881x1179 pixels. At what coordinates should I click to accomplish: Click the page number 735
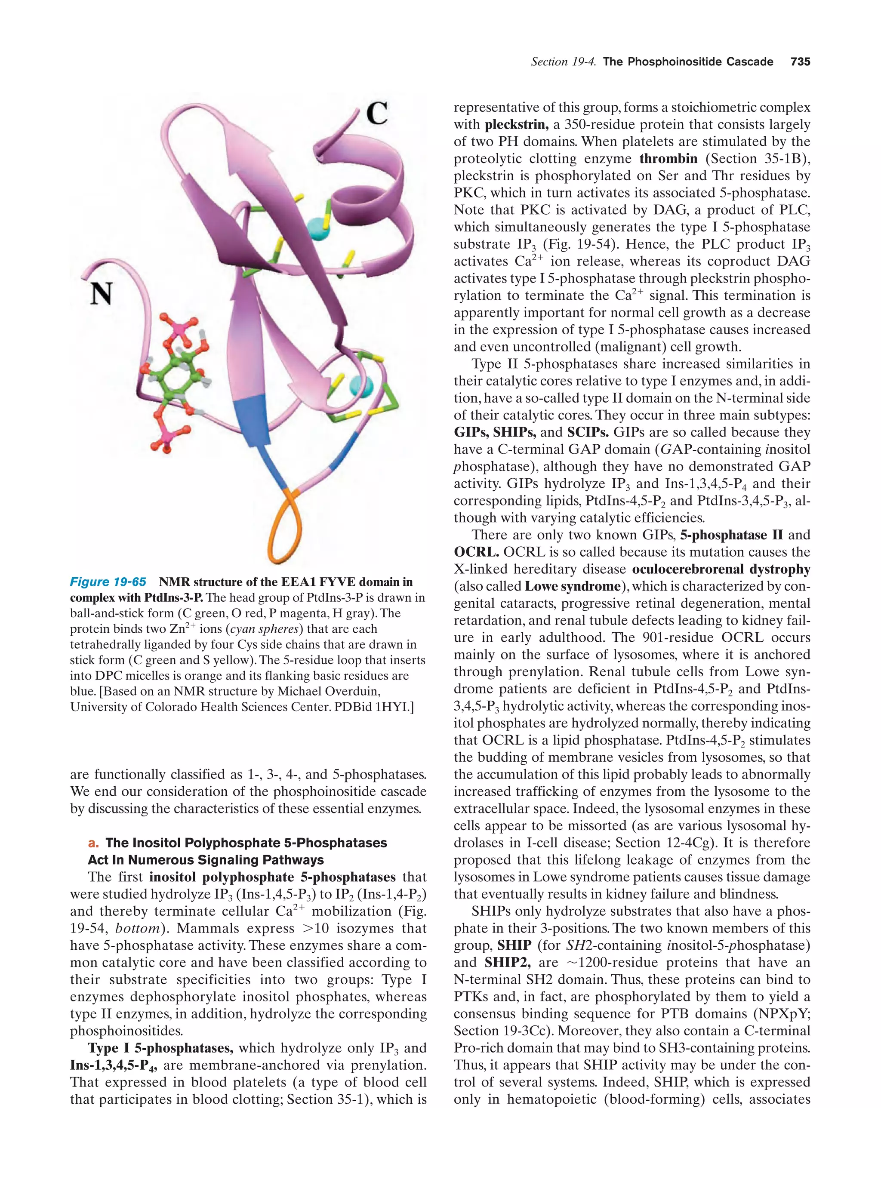(x=800, y=62)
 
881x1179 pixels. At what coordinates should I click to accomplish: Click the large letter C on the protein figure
(x=377, y=114)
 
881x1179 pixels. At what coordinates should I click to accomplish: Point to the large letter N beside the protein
(x=101, y=294)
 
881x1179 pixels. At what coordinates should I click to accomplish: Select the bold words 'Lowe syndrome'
(x=573, y=586)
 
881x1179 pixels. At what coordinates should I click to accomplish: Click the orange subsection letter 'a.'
(x=94, y=843)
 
